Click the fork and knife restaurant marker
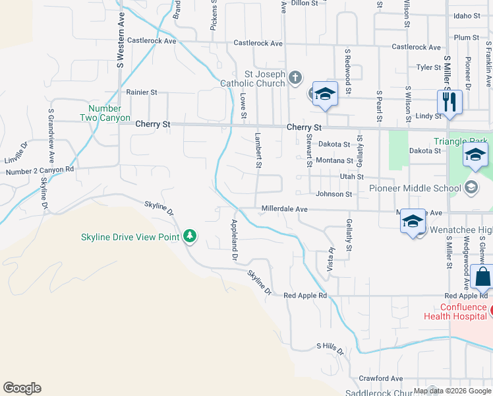449,103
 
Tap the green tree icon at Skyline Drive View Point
190,236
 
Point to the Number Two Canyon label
105,113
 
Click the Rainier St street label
137,92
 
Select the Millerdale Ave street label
285,209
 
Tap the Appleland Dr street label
233,241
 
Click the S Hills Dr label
330,348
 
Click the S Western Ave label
121,48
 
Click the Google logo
22,388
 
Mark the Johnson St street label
333,194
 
